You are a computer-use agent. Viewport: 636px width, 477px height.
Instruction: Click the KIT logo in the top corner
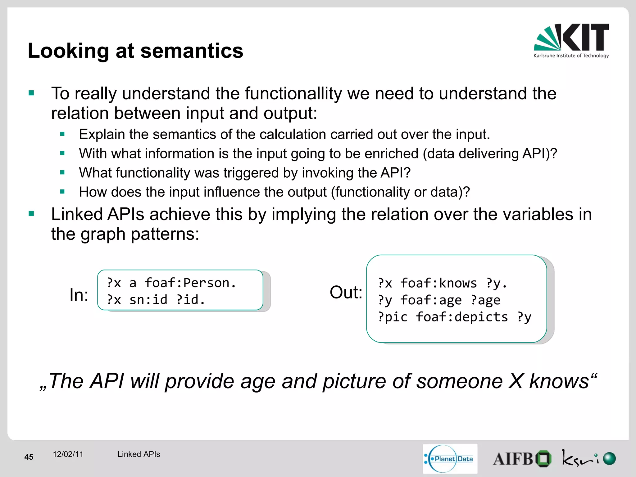(571, 40)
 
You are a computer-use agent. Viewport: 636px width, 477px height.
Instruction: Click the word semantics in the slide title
(192, 51)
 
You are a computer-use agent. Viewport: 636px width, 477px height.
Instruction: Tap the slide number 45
(29, 457)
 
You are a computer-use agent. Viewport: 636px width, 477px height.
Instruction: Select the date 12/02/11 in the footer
(68, 454)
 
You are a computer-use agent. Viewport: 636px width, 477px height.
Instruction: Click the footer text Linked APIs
(139, 454)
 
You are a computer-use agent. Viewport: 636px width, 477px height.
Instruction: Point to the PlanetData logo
(450, 459)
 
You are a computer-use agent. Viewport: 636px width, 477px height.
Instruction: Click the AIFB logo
(522, 459)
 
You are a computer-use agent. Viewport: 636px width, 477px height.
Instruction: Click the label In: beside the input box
(79, 295)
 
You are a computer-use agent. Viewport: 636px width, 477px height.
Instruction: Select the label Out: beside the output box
(346, 292)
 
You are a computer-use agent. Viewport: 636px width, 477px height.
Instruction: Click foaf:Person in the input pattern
(190, 283)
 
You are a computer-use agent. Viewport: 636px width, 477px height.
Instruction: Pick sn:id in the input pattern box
(148, 300)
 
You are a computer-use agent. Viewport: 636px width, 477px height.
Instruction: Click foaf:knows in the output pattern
(438, 283)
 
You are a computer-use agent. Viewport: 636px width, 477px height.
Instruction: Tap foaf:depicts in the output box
(461, 317)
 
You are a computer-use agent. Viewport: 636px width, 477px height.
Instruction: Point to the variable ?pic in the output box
(393, 317)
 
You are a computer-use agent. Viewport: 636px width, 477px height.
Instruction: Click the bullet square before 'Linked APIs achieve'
(31, 214)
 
